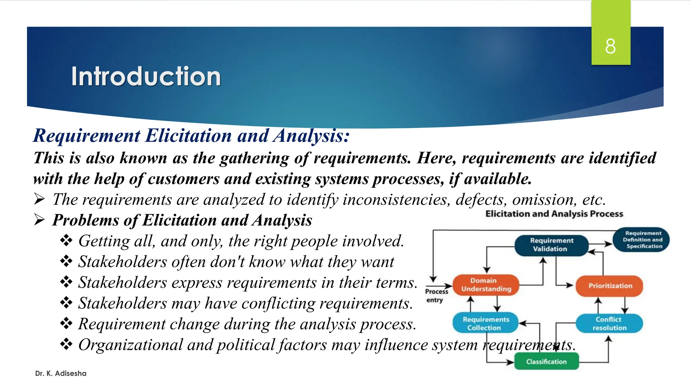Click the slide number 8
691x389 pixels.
click(x=610, y=46)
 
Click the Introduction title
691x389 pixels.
click(x=146, y=76)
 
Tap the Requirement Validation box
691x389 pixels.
click(x=551, y=245)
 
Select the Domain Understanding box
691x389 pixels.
click(x=486, y=285)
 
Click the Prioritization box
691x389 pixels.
click(x=610, y=286)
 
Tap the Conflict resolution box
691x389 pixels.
click(x=609, y=323)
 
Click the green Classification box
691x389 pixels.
click(x=546, y=362)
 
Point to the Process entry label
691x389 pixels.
click(x=436, y=295)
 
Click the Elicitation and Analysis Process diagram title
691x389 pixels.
click(x=554, y=214)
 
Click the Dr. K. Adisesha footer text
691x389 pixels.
click(x=61, y=373)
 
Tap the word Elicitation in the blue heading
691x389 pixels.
click(x=188, y=136)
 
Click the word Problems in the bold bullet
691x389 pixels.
click(x=85, y=220)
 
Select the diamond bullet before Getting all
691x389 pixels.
click(x=66, y=241)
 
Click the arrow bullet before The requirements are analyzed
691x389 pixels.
click(x=39, y=199)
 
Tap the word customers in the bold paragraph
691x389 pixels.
click(x=184, y=179)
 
